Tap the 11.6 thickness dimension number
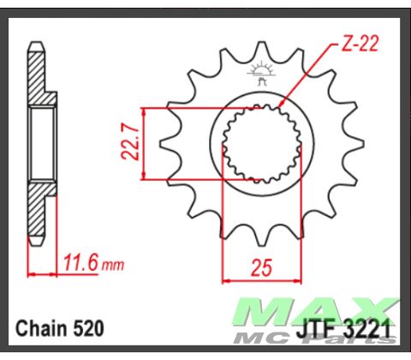(80, 261)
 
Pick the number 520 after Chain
(87, 327)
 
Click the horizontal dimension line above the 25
(261, 278)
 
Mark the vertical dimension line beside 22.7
(144, 144)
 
